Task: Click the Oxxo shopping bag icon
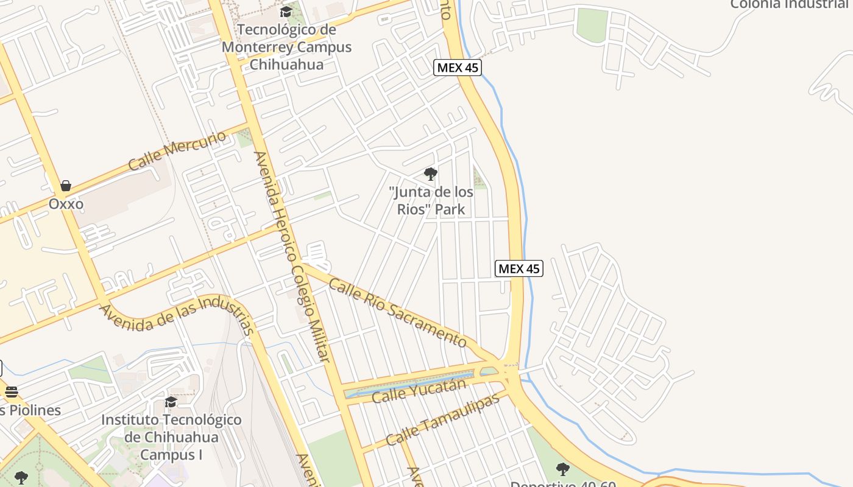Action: tap(66, 186)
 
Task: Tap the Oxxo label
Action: tap(66, 204)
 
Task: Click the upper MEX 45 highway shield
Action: tap(458, 68)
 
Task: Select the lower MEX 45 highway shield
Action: tap(519, 268)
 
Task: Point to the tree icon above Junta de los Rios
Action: tap(431, 174)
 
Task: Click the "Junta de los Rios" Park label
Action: tap(431, 201)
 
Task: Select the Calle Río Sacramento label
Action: tap(398, 312)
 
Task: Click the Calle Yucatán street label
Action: tap(419, 390)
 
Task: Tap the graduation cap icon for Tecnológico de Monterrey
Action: tap(286, 12)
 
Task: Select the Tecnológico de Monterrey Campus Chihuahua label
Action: tap(286, 47)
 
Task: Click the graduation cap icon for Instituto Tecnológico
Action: tap(171, 402)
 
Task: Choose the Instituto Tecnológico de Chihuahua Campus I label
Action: tap(171, 437)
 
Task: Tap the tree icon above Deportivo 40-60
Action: tap(562, 469)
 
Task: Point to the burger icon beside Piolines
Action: tap(11, 393)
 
